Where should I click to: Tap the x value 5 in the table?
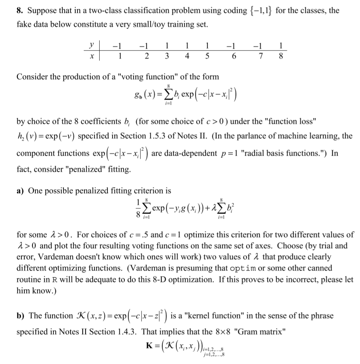[207, 56]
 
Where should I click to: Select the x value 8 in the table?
[282, 56]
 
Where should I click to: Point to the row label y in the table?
[92, 46]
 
